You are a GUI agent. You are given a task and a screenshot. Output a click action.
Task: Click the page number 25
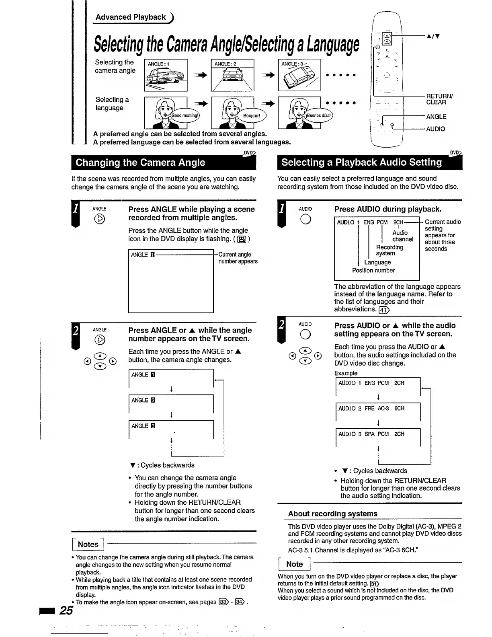[66, 610]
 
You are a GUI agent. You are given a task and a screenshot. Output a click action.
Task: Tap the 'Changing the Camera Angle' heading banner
[140, 162]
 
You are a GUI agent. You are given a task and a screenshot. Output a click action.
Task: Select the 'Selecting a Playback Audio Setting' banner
[361, 162]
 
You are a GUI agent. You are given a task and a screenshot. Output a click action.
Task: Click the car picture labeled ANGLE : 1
[166, 75]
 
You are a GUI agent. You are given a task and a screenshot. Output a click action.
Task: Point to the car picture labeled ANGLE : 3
[299, 75]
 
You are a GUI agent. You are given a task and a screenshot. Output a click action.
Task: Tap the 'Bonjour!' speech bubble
[252, 116]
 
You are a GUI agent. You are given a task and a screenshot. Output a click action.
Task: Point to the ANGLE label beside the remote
[436, 117]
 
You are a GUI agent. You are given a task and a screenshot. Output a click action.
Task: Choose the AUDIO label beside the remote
[436, 129]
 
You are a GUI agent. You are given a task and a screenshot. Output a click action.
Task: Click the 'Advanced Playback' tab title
[131, 17]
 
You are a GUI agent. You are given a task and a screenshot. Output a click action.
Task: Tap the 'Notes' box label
[88, 545]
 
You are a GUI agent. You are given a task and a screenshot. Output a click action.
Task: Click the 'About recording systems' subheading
[332, 514]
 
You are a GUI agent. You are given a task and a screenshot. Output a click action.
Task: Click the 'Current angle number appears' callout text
[238, 258]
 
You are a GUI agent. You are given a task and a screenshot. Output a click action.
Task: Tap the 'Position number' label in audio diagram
[373, 271]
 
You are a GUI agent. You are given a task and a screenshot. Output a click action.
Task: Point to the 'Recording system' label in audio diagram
[389, 250]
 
